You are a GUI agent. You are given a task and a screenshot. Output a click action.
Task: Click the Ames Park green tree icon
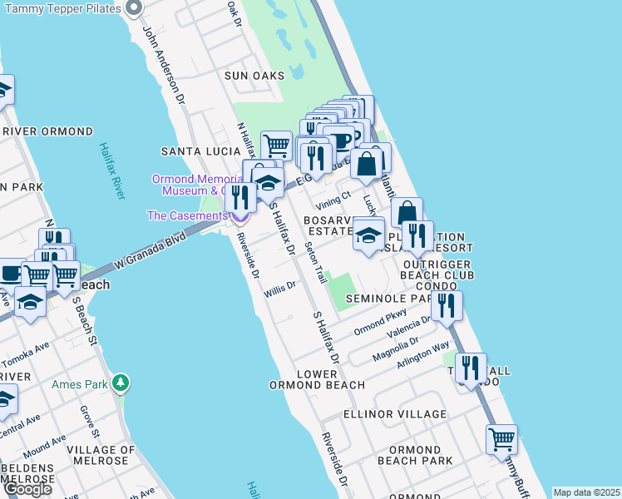click(x=122, y=382)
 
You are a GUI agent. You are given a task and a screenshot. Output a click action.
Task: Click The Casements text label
click(x=186, y=215)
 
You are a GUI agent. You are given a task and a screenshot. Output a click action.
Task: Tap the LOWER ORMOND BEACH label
click(x=317, y=379)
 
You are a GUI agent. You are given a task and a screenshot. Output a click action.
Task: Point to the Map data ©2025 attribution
click(x=585, y=492)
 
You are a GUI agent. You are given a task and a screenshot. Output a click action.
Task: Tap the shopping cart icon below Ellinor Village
click(x=501, y=439)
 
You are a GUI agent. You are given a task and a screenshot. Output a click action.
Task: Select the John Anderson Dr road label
click(x=162, y=64)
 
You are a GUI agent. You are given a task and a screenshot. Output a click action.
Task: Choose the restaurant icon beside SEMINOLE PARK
click(x=447, y=305)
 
